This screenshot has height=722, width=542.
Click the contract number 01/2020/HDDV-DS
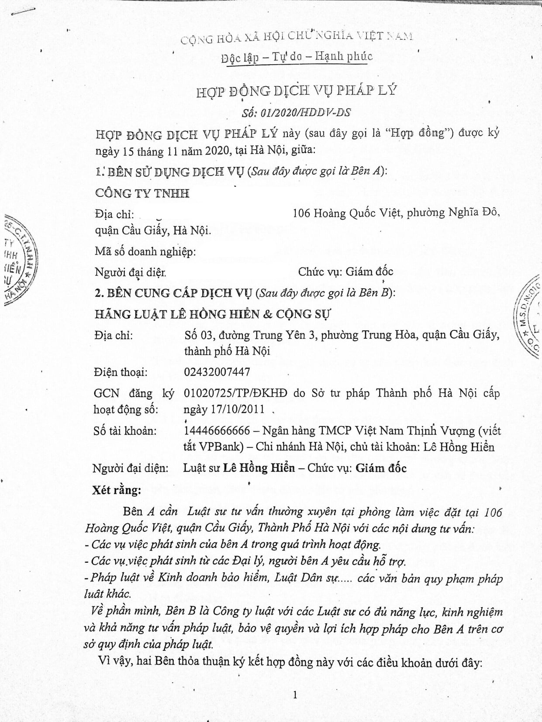coord(296,112)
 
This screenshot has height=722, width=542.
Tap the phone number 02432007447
coord(217,372)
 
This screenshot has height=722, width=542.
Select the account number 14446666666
coord(217,431)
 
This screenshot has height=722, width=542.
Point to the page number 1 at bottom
coord(295,695)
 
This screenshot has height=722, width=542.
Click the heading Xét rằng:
coord(117,490)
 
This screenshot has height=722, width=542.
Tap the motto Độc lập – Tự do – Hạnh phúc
coord(297,57)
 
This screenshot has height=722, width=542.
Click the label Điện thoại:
coord(121,372)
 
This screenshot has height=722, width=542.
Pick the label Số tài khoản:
coord(125,431)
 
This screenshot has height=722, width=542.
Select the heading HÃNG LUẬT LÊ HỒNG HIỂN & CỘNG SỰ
coord(213,314)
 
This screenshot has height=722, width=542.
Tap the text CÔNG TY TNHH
coord(142,193)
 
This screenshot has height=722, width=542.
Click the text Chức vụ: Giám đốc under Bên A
coord(345,272)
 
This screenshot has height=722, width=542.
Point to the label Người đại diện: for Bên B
coord(131,468)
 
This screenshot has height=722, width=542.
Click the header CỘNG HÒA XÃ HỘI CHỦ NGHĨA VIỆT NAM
coord(297,37)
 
